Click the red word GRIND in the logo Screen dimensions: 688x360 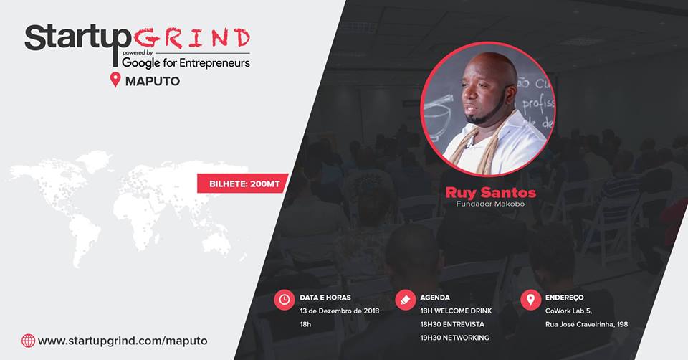[x=192, y=38]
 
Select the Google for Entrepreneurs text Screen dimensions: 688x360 [x=186, y=63]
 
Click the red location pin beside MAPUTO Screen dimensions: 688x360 [x=115, y=80]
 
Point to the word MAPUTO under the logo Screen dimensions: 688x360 [x=153, y=81]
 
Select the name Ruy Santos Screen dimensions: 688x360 [x=490, y=192]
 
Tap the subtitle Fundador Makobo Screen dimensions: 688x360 [x=490, y=204]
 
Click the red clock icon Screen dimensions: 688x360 [x=285, y=300]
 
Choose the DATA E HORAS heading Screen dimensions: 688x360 [x=325, y=298]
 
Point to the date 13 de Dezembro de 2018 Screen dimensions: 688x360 [x=339, y=311]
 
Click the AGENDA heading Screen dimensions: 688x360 [x=435, y=298]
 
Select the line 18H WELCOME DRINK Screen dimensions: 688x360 [x=456, y=311]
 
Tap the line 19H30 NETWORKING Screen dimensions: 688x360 [x=454, y=338]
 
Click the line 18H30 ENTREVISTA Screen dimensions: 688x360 [x=452, y=324]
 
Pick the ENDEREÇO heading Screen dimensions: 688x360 [x=564, y=298]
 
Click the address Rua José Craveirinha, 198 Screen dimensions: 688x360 [x=587, y=324]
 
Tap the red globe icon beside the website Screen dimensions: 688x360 [x=28, y=341]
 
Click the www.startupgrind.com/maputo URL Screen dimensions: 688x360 [x=123, y=341]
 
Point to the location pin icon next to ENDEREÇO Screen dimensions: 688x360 [x=530, y=300]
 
